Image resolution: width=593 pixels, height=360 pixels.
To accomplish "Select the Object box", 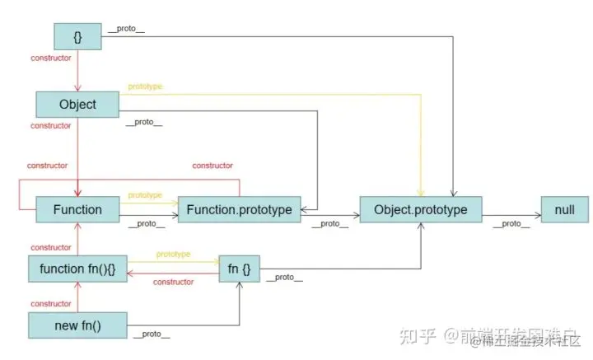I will [77, 105].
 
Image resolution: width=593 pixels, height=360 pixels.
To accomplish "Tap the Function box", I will [77, 209].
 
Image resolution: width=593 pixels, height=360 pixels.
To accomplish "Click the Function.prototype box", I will [240, 209].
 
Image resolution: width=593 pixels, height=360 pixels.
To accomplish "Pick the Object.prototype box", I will [420, 209].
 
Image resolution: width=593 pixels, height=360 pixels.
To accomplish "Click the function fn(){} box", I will [77, 268].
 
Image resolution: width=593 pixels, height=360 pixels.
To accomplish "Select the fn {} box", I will [240, 268].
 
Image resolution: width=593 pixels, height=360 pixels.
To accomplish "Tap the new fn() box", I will [77, 325].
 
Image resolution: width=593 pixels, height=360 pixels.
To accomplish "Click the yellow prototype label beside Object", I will [146, 86].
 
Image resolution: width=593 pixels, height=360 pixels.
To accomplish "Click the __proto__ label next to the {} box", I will [125, 30].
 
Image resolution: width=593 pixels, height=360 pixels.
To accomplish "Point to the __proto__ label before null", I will [511, 224].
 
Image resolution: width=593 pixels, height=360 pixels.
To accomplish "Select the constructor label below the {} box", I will [50, 58].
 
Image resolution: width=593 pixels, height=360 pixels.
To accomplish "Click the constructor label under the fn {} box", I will [173, 283].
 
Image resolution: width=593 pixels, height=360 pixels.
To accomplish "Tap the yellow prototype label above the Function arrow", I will [145, 195].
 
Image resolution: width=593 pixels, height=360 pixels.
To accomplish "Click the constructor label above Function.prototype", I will [212, 166].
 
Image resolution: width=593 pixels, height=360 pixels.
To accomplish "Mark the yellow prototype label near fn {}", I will [173, 255].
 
